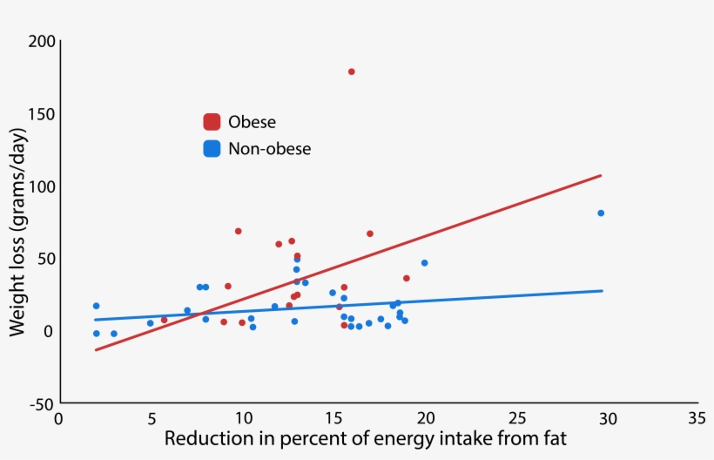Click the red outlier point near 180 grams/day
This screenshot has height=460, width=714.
point(351,71)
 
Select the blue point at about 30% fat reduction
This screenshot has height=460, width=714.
point(601,213)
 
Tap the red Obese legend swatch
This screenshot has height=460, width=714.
point(212,122)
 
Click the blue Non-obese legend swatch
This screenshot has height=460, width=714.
point(212,149)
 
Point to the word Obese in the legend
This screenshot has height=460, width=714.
point(252,122)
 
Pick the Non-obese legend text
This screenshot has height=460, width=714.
point(269,149)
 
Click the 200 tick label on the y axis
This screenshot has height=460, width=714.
point(41,42)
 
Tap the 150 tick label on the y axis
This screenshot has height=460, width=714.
point(41,114)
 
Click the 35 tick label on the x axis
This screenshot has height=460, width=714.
point(695,419)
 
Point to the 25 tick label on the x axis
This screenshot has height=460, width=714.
point(517,419)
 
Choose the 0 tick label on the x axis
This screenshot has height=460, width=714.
point(59,419)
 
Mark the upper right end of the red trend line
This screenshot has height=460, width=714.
point(601,175)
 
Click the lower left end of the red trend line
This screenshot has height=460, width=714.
point(96,350)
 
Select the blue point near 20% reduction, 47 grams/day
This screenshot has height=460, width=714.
point(424,263)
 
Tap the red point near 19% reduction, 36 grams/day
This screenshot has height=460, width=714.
point(407,279)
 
